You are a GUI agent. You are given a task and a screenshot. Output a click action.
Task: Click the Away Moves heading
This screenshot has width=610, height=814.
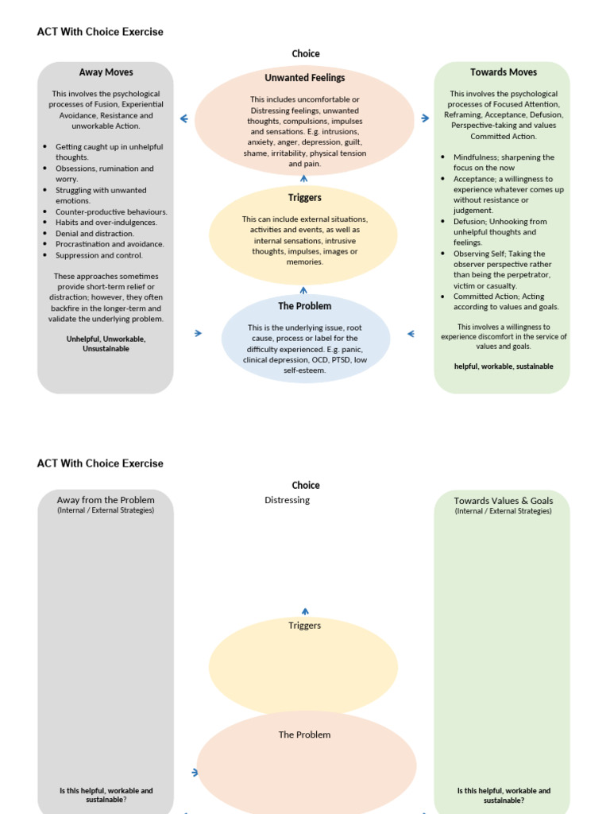click(x=106, y=72)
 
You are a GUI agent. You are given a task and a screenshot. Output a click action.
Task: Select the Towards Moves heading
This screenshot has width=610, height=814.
click(x=503, y=72)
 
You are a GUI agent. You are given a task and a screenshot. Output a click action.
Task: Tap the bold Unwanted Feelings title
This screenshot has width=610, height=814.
click(x=304, y=78)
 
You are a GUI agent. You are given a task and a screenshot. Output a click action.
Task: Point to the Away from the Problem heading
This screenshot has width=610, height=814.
click(x=106, y=500)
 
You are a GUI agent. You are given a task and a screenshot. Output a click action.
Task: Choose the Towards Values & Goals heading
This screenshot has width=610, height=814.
click(x=503, y=501)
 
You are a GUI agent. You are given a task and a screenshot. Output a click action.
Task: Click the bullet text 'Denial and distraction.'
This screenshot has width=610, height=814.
click(x=95, y=234)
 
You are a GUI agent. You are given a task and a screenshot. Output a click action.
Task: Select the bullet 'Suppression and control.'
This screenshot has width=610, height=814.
click(x=99, y=255)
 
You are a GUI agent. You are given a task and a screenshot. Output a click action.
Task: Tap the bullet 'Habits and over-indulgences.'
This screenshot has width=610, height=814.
click(x=106, y=223)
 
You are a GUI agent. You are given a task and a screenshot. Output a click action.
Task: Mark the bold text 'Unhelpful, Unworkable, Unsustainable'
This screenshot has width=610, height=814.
click(x=106, y=343)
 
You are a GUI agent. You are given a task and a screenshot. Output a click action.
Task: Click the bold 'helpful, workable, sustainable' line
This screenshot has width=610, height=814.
click(x=504, y=366)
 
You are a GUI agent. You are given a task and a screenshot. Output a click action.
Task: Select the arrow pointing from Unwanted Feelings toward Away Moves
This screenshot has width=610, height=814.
click(x=184, y=119)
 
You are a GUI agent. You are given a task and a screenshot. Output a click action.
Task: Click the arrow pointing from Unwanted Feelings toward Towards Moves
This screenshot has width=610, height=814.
click(x=425, y=118)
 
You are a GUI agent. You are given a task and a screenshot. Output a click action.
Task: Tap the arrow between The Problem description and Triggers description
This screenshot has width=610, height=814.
click(x=303, y=291)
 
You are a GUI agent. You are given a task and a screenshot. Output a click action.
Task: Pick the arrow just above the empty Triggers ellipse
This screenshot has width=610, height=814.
click(x=305, y=611)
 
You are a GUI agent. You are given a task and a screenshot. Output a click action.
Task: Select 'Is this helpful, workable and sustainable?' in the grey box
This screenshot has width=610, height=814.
click(x=106, y=795)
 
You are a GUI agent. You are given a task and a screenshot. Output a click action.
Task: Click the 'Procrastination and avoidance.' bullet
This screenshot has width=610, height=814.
click(x=110, y=244)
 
